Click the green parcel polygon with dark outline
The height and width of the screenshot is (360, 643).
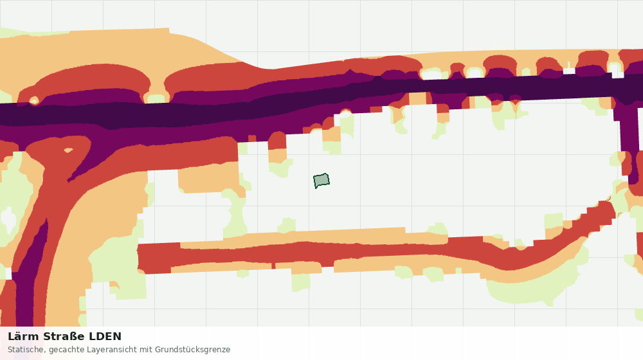pyautogui.click(x=321, y=181)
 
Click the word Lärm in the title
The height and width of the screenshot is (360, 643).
pyautogui.click(x=23, y=337)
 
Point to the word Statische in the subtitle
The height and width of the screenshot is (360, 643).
pyautogui.click(x=26, y=350)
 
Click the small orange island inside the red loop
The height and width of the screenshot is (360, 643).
pyautogui.click(x=68, y=150)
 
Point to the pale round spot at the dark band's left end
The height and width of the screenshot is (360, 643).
pyautogui.click(x=33, y=100)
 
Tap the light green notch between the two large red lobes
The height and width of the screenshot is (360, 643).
pyautogui.click(x=156, y=98)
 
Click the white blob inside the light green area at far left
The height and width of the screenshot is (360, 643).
pyautogui.click(x=8, y=220)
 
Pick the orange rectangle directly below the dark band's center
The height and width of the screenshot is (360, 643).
pyautogui.click(x=417, y=98)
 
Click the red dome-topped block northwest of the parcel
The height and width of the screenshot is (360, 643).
pyautogui.click(x=277, y=141)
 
